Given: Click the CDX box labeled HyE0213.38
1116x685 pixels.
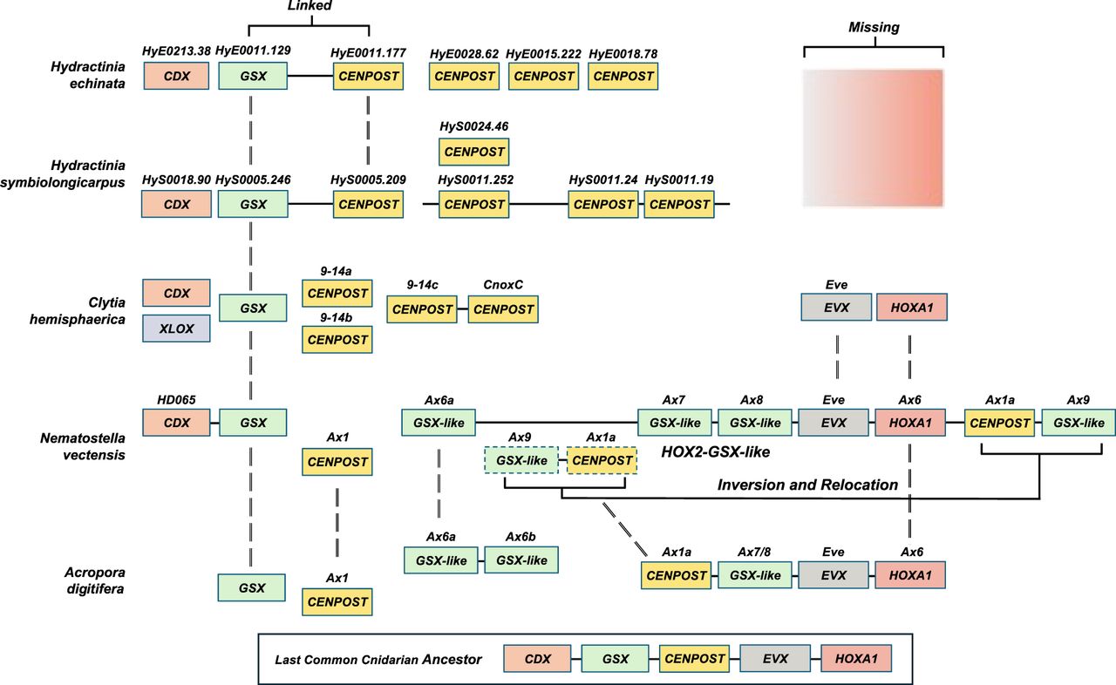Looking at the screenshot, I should [175, 76].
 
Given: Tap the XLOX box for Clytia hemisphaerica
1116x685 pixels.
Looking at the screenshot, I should [175, 329].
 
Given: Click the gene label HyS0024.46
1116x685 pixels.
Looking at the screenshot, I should [473, 126].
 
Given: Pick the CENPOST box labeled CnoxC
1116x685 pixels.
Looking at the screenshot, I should [503, 309].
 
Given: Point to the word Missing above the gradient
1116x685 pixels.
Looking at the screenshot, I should [874, 28].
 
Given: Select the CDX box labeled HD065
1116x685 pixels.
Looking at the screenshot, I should [175, 423].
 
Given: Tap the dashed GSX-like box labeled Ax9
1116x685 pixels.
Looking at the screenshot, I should [521, 460].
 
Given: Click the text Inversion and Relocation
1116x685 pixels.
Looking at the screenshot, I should [807, 485].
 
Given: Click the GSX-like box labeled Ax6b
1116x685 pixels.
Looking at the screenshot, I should [521, 560].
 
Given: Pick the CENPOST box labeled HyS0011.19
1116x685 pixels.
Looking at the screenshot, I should [679, 205].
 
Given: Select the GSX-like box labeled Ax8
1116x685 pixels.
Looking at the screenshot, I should [756, 423].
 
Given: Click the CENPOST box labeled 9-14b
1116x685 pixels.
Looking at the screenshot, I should [337, 339].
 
